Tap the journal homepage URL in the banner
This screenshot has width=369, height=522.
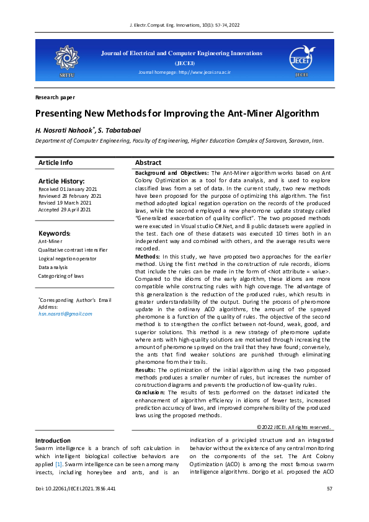pos(184,73)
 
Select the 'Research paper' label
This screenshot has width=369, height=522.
pos(55,97)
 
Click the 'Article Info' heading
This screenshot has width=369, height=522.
pos(55,162)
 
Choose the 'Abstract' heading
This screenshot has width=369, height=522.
pos(148,162)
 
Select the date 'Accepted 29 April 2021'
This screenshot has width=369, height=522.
pos(64,210)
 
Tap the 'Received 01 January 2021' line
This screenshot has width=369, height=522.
pos(68,188)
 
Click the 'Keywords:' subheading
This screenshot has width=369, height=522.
pos(55,233)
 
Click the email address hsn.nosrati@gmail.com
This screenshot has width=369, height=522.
pos(65,314)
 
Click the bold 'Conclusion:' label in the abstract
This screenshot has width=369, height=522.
pos(152,392)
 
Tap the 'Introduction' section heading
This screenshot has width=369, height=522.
pos(53,440)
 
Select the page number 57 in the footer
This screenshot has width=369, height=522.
pos(329,490)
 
